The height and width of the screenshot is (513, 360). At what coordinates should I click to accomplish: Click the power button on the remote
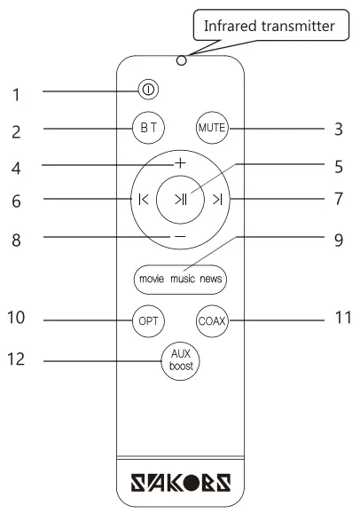point(148,90)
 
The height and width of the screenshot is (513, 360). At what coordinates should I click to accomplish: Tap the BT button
point(148,128)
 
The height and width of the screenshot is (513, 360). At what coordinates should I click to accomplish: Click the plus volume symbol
point(180,163)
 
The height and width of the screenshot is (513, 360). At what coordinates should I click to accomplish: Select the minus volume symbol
point(180,236)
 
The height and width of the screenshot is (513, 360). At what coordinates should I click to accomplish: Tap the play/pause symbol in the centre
point(181,199)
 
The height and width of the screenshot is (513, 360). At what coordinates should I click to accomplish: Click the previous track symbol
point(144,199)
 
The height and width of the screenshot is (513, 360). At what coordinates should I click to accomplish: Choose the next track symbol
point(217,199)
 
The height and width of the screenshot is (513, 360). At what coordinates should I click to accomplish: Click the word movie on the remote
point(152,279)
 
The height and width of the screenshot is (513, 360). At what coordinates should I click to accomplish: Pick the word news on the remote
point(211,279)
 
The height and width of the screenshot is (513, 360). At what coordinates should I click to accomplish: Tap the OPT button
point(148,321)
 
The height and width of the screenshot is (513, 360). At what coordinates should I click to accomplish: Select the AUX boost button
point(180,361)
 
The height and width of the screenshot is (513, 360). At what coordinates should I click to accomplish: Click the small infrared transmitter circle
point(181,60)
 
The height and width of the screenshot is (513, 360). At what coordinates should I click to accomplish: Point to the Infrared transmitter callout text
point(269,26)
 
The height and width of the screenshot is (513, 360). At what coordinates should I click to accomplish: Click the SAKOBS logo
point(181,482)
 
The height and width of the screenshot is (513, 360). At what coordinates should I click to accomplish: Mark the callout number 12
point(16,359)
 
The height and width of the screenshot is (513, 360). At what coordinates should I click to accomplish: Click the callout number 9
point(339,241)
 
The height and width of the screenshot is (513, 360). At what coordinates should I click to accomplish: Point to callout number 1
point(16,95)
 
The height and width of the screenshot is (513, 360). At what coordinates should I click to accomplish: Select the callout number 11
point(343,318)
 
